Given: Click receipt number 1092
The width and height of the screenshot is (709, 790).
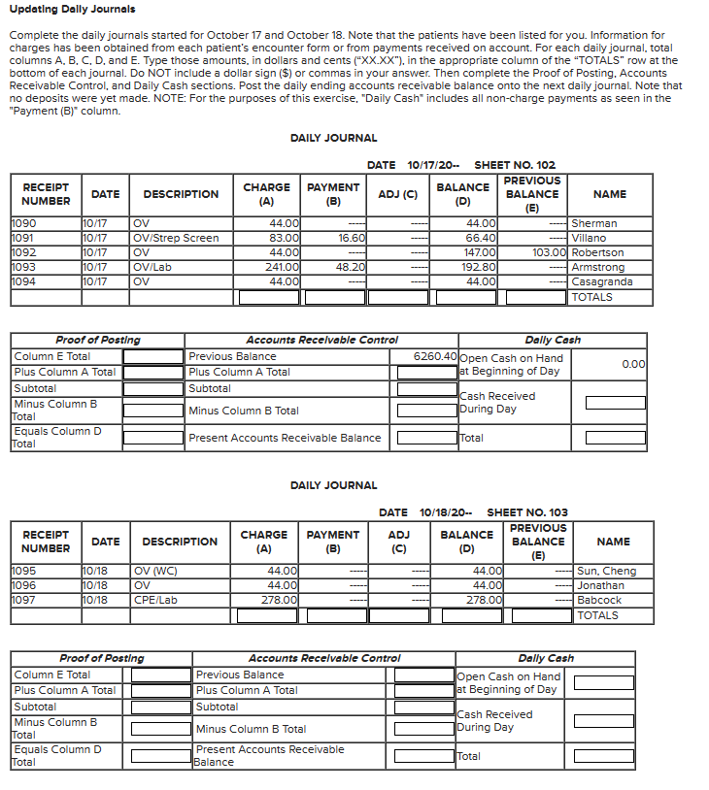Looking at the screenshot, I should (x=24, y=252).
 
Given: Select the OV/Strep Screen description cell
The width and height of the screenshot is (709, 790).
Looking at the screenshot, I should (x=176, y=238).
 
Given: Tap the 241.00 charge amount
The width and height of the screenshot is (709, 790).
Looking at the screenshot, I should (x=283, y=267).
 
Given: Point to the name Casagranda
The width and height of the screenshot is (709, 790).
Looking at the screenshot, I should (x=602, y=281).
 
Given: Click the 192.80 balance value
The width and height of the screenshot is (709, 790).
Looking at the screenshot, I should (x=482, y=267).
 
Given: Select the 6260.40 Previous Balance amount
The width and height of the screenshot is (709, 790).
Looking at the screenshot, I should (x=434, y=356).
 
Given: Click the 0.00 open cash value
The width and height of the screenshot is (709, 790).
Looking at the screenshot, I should (x=633, y=363).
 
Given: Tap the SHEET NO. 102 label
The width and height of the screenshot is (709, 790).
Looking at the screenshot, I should (x=515, y=165).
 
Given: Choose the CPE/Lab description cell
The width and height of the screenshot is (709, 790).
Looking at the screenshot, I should (x=155, y=600).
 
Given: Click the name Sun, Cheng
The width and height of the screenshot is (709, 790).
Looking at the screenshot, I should (x=606, y=571).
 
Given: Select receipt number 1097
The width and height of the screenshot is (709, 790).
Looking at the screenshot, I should (x=24, y=600).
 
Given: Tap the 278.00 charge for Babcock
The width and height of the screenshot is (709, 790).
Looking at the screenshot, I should (x=282, y=600).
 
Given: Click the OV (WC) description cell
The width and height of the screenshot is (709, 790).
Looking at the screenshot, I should (x=155, y=571).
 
